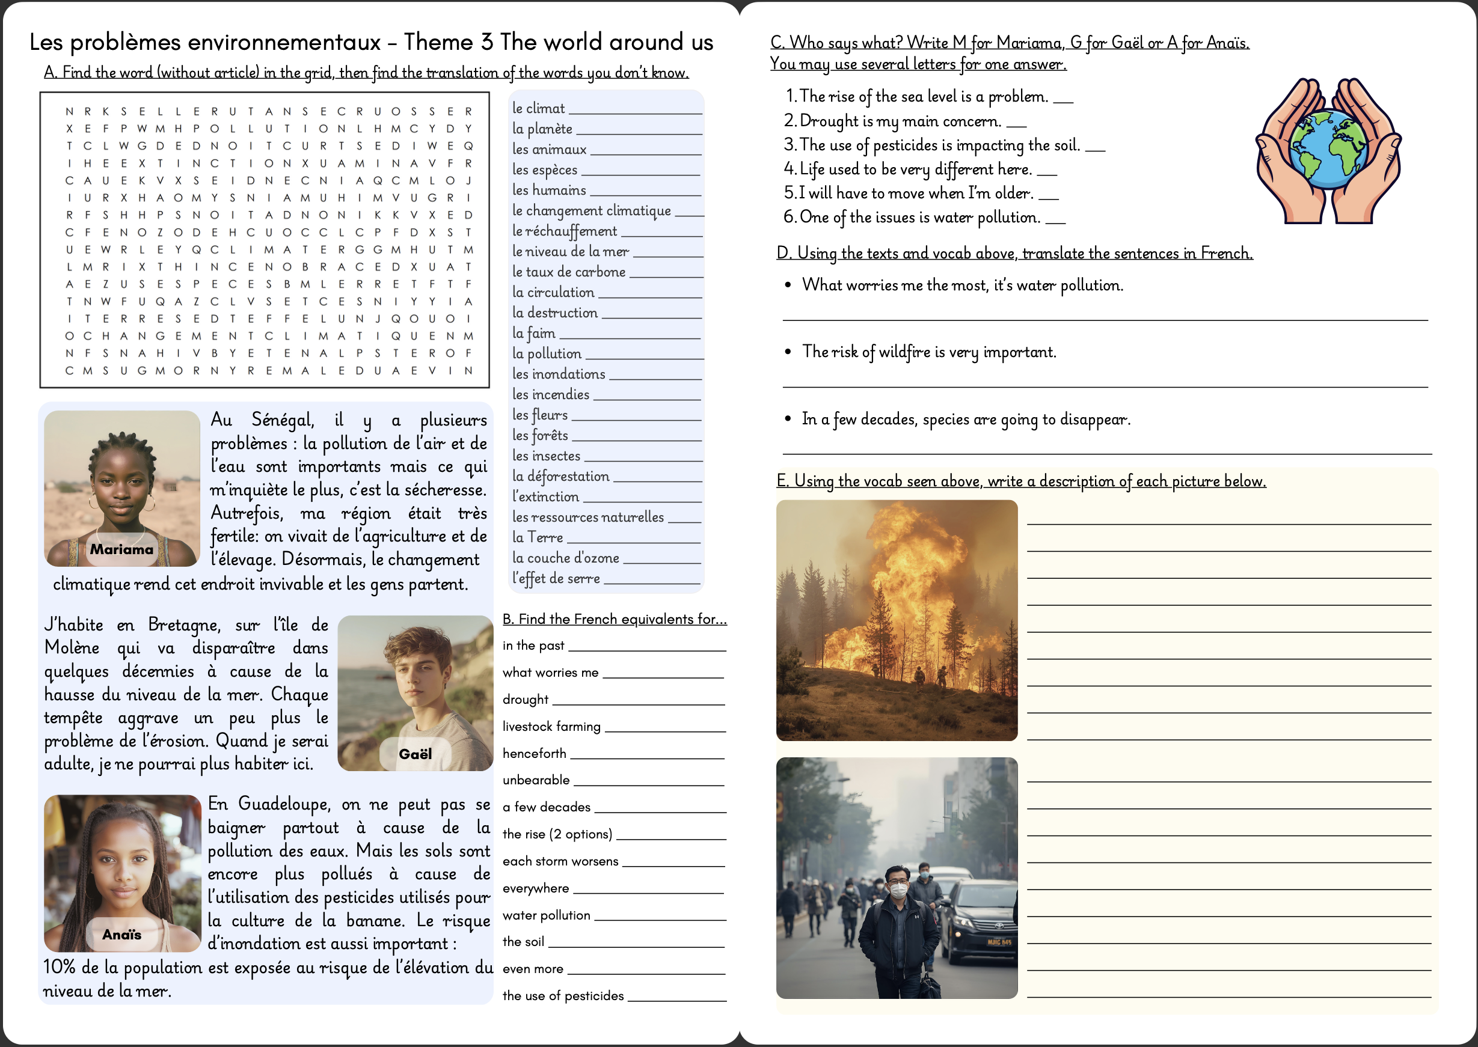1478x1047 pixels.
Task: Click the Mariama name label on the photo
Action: click(121, 549)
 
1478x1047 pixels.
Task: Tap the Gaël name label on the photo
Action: click(415, 754)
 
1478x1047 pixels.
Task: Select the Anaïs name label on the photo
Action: click(121, 934)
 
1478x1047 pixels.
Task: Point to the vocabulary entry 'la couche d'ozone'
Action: click(566, 558)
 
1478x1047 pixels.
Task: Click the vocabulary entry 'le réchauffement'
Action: click(564, 231)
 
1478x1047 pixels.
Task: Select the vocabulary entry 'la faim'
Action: click(533, 334)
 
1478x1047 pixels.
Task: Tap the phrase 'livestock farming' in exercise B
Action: click(551, 727)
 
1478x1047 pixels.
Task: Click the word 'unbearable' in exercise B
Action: click(536, 780)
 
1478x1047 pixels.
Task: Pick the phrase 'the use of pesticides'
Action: click(563, 995)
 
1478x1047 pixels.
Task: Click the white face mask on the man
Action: click(898, 890)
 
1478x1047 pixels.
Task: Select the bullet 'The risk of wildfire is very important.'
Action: click(928, 352)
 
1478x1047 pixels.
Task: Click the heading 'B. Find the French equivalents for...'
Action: click(615, 619)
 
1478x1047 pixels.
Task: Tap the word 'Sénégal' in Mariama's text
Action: click(283, 420)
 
